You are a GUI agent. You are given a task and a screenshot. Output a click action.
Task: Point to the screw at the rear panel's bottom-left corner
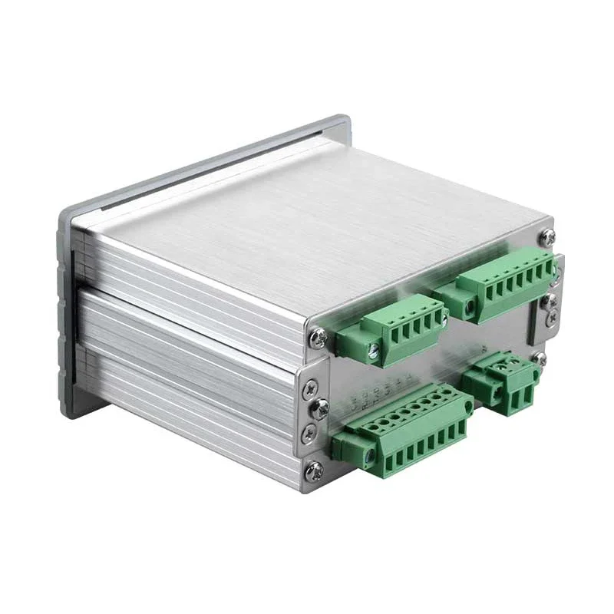(x=313, y=469)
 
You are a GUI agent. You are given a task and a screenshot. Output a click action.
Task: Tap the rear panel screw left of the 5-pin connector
(x=317, y=335)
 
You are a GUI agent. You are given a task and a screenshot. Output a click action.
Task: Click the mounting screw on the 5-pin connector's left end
(x=374, y=352)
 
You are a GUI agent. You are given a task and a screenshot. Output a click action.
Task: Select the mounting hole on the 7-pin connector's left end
(x=469, y=307)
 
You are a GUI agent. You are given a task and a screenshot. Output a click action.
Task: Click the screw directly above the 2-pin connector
(x=540, y=358)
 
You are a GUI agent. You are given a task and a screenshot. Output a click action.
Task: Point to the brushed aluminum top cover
(x=307, y=215)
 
